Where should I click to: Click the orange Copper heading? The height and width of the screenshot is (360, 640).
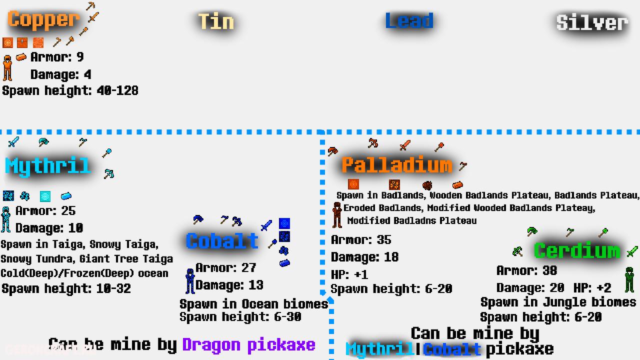pos(43,20)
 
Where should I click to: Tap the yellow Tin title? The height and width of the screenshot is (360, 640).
pos(216,21)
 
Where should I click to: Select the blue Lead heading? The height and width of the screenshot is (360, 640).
pos(409,21)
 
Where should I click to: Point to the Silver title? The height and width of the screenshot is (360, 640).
pos(592,22)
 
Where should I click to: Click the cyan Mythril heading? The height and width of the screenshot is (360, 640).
pos(47,166)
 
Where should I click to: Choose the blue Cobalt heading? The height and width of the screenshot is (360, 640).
pos(222,241)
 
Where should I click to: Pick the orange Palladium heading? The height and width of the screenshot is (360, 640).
pos(396,164)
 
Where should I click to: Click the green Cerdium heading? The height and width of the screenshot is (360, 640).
pos(576,250)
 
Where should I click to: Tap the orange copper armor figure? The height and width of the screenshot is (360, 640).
pos(7,68)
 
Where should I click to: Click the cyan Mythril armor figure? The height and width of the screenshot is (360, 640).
pos(6,219)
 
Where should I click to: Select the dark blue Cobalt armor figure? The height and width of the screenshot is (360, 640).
pos(190,281)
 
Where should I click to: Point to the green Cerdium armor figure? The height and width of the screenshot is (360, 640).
pos(629,280)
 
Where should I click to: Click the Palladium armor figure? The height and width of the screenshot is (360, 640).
pos(337,215)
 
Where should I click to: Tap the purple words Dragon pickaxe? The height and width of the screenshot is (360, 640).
pos(248,344)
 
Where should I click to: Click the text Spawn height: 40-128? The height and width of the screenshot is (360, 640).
pos(70,91)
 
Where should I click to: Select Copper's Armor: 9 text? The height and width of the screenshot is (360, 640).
pos(57,57)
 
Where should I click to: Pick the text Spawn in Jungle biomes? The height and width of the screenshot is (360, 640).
pos(558,302)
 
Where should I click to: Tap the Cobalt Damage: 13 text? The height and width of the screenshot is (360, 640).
pos(229,285)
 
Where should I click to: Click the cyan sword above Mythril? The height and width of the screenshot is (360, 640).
pos(13,142)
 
